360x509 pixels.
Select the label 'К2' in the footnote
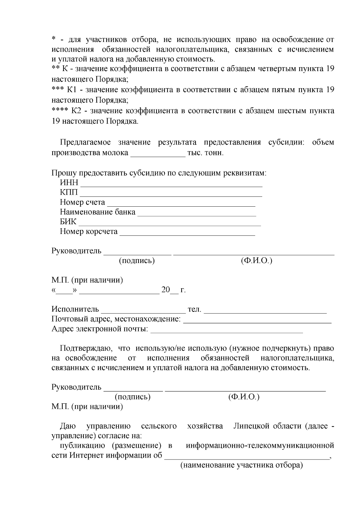tap(76, 111)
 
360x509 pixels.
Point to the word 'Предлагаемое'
tap(85, 142)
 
